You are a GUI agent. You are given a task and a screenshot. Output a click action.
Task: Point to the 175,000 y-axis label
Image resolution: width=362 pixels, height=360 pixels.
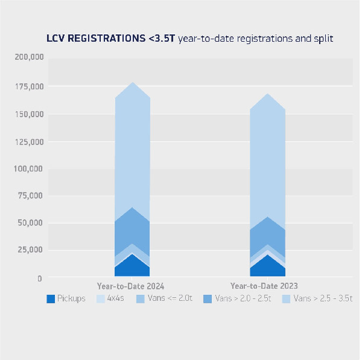point(28,86)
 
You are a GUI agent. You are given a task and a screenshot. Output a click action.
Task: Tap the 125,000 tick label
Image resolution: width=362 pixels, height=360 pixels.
point(28,141)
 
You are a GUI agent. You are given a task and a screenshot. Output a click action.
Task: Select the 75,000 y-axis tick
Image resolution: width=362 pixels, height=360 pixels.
point(30,196)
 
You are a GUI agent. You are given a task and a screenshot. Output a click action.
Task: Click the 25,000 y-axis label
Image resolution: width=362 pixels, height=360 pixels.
point(30,250)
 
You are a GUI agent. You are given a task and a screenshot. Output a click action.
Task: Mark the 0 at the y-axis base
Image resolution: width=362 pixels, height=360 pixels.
point(39,278)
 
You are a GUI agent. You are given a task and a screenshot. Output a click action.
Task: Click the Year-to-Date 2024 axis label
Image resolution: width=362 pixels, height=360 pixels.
point(131,286)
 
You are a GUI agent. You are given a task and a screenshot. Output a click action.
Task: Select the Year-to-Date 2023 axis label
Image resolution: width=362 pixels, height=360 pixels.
point(264,286)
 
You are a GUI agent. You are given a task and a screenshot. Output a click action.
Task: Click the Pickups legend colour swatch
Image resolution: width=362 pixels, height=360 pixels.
point(52,298)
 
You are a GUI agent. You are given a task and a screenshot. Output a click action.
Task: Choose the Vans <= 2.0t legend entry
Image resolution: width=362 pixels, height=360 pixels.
point(167,298)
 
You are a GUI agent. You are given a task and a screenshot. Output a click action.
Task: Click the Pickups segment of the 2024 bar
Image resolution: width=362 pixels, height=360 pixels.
point(132,266)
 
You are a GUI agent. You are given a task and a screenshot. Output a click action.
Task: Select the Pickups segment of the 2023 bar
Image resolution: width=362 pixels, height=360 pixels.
point(267,266)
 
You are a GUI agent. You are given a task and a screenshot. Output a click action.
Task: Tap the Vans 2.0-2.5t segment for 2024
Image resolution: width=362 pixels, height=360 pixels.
point(132,227)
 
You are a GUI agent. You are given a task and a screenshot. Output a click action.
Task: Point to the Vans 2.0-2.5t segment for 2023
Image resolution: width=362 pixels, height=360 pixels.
point(267,233)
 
